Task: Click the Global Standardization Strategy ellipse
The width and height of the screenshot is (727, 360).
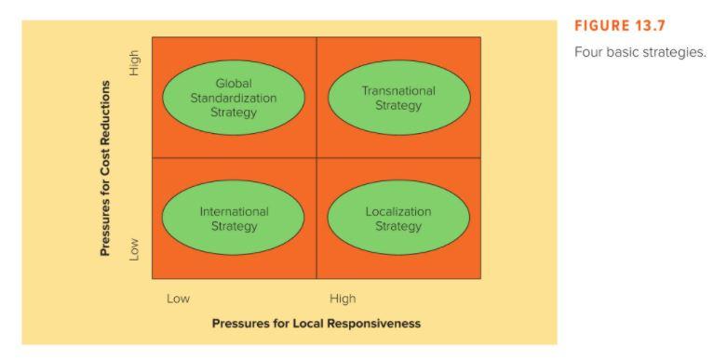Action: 233,98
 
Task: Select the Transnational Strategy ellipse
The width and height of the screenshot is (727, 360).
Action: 398,98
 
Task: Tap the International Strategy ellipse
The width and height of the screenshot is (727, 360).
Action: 233,218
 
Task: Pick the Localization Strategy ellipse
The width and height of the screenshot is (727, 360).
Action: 398,218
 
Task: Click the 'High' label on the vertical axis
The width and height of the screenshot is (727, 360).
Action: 134,64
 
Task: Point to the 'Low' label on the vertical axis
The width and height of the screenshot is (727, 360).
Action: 134,248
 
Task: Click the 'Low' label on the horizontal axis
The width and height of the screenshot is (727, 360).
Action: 178,299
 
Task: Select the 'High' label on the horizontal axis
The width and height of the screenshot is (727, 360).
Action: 343,299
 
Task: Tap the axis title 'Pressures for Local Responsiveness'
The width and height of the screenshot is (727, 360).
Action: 316,324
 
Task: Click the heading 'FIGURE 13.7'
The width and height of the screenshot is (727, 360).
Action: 620,26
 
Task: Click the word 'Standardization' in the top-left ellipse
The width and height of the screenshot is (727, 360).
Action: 234,98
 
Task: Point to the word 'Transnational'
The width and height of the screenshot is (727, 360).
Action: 398,91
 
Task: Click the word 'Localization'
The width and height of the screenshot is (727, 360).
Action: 398,211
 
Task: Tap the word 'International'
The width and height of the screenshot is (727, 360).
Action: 234,211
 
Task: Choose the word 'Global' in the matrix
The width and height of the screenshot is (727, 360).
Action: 234,84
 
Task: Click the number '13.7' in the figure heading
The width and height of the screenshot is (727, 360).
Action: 650,26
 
